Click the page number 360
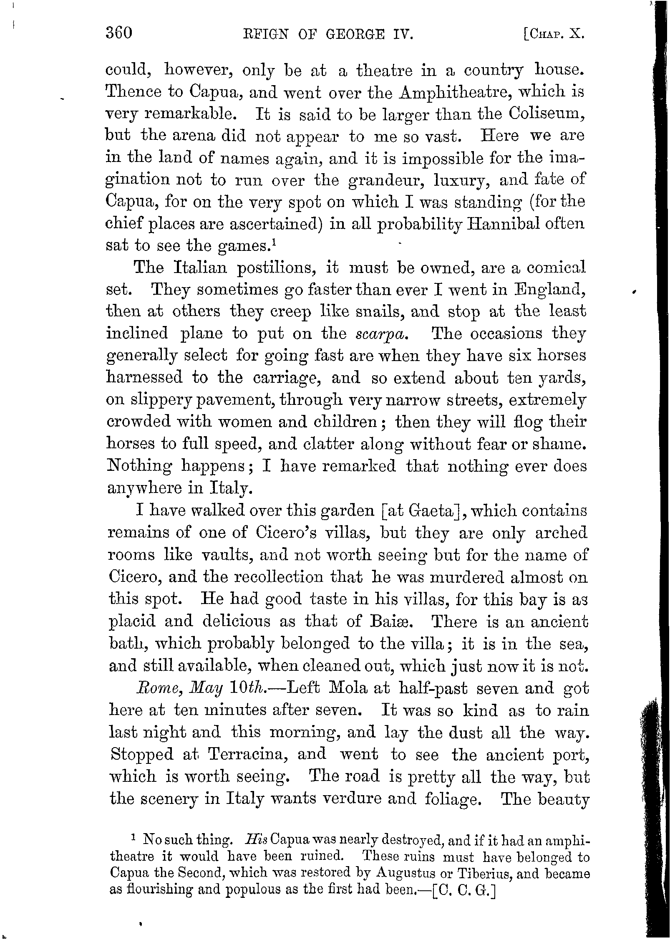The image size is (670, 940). coord(119,33)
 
